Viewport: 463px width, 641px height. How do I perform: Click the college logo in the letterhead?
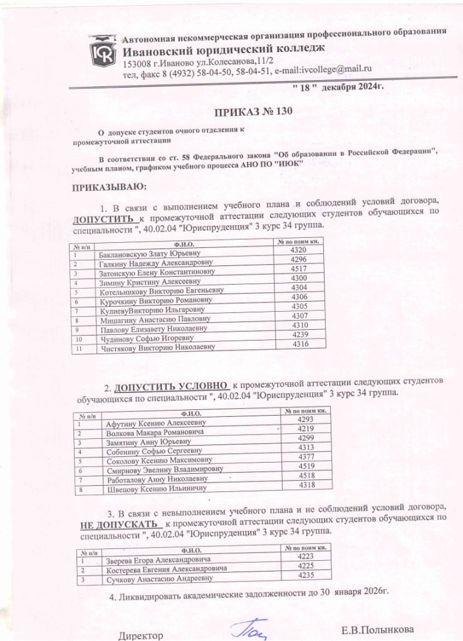(101, 53)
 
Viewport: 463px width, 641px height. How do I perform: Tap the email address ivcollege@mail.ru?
(337, 69)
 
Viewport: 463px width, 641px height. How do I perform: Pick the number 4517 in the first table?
(299, 269)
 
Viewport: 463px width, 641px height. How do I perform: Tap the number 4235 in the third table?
(306, 575)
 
